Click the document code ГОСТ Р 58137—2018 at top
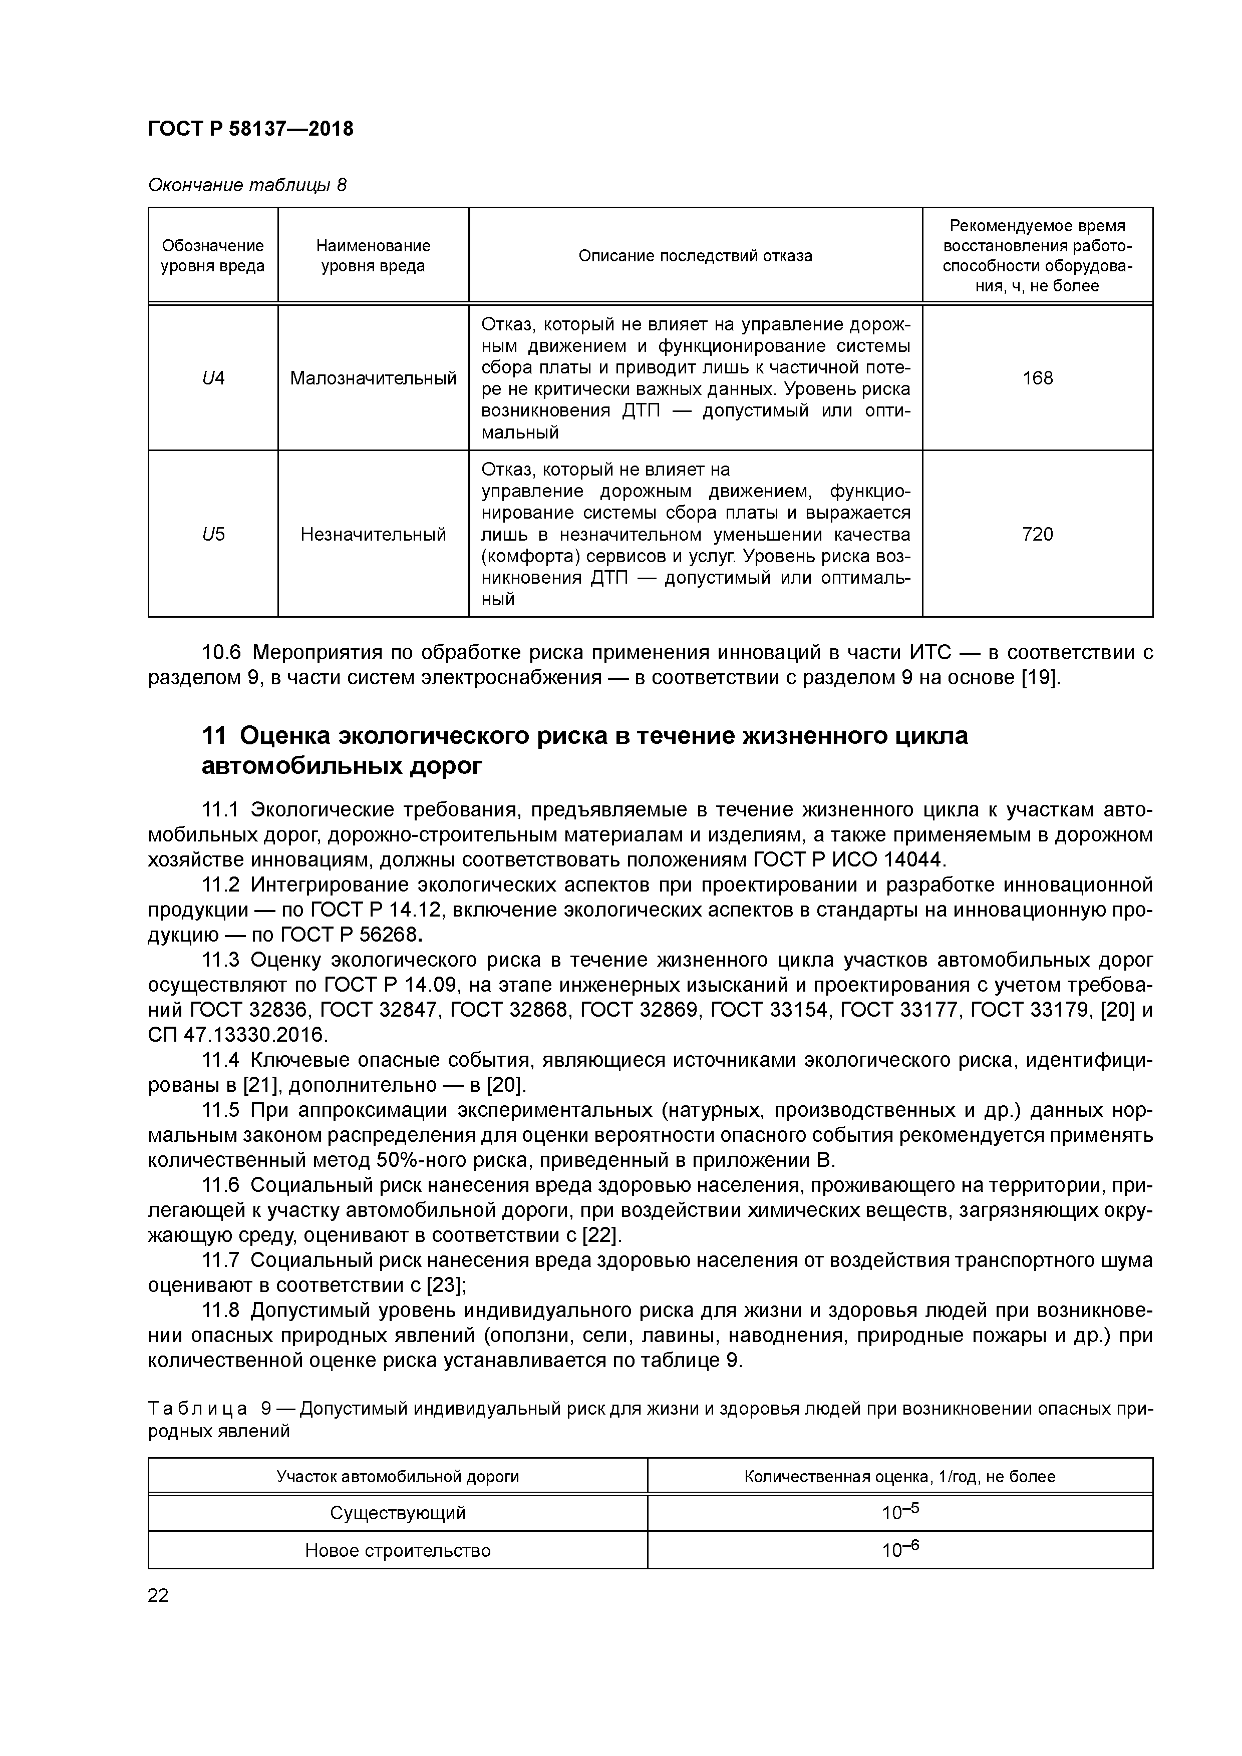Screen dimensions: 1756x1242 [250, 129]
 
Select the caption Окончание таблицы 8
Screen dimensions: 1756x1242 [246, 185]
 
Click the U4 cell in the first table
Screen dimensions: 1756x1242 [213, 378]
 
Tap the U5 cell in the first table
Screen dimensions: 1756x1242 [213, 534]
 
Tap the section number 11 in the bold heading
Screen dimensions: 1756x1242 [214, 736]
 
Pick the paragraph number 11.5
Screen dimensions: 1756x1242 [220, 1110]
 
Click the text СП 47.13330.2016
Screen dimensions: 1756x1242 [237, 1035]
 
